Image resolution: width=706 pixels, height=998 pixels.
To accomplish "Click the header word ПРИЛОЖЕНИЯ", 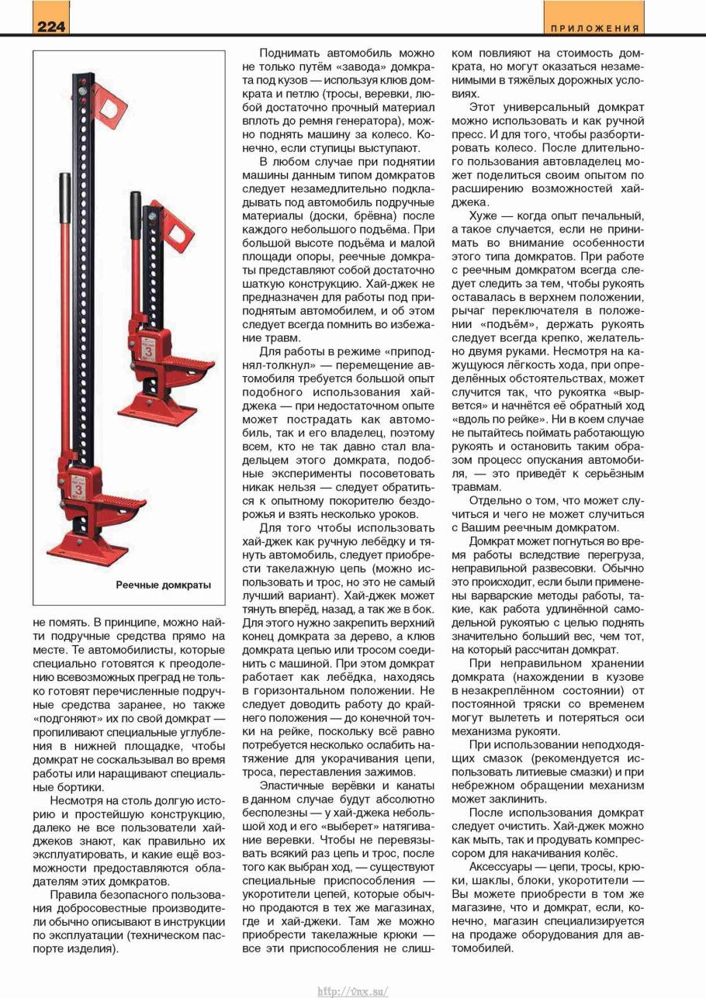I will click(x=595, y=29).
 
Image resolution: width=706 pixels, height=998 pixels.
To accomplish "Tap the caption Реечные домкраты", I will click(x=164, y=584).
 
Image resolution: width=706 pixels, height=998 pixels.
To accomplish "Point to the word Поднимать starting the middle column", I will click(x=292, y=55).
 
